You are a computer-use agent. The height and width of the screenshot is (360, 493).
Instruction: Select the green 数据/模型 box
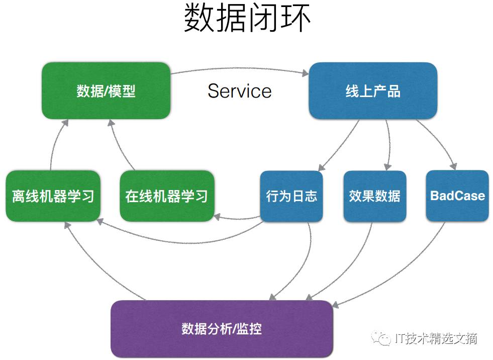pyautogui.click(x=106, y=91)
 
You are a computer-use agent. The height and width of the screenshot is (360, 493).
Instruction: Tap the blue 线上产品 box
pyautogui.click(x=372, y=91)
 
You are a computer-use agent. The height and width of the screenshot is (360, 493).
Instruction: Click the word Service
pyautogui.click(x=239, y=91)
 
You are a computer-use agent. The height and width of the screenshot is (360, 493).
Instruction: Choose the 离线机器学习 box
pyautogui.click(x=53, y=196)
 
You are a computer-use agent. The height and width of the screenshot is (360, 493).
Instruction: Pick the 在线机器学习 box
pyautogui.click(x=167, y=196)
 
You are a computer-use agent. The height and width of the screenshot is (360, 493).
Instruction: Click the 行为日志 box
pyautogui.click(x=291, y=196)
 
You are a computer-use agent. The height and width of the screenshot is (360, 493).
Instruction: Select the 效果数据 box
pyautogui.click(x=374, y=196)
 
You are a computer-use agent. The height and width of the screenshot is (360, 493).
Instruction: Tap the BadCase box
pyautogui.click(x=457, y=196)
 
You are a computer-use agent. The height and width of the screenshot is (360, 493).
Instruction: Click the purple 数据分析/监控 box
pyautogui.click(x=222, y=329)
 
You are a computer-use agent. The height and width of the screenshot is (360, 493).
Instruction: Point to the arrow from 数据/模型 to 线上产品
pyautogui.click(x=239, y=67)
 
